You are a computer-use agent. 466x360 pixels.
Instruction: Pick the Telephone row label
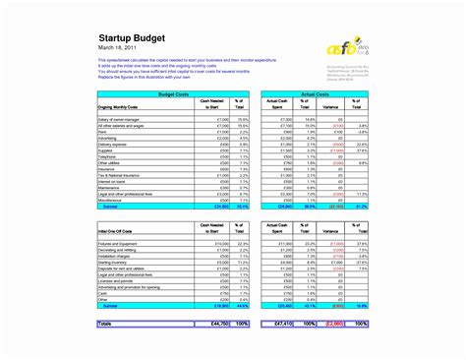[x=109, y=156]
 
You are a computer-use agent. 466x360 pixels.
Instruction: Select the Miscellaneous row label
[x=112, y=201]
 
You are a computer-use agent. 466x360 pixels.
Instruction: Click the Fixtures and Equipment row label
[x=122, y=243]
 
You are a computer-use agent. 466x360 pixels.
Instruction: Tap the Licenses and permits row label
[x=117, y=281]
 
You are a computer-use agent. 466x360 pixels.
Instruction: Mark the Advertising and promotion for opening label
[x=132, y=287]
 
